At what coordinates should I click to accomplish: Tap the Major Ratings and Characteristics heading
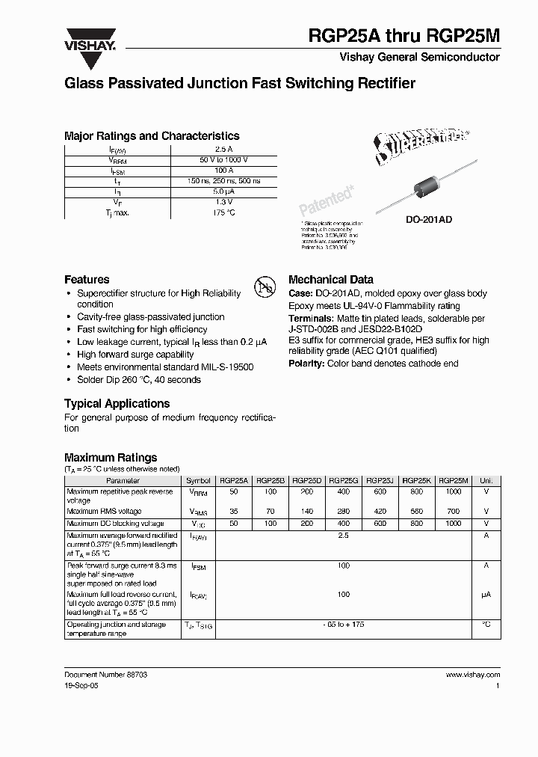(x=152, y=136)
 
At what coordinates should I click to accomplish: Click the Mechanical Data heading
(x=330, y=279)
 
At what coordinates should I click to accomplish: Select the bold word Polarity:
(x=306, y=363)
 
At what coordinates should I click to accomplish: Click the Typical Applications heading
(x=118, y=403)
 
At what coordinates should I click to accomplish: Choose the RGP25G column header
(x=344, y=481)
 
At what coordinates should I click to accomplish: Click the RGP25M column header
(x=454, y=481)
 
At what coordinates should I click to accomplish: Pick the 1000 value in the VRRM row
(x=454, y=492)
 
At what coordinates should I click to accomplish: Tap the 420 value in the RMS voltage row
(x=380, y=512)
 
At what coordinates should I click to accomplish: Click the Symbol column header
(x=198, y=481)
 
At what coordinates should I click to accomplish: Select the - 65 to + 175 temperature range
(x=344, y=624)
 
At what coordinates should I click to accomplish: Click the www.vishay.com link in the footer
(x=473, y=674)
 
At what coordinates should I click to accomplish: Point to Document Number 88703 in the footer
(x=105, y=674)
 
